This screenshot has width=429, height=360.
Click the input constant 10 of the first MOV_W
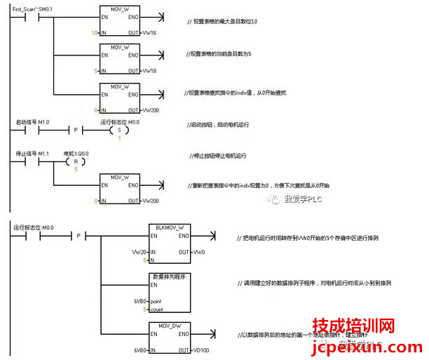(95, 33)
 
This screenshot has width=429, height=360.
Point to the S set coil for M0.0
(118, 131)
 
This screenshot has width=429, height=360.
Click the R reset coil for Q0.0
(69, 161)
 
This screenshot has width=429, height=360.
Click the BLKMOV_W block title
(169, 228)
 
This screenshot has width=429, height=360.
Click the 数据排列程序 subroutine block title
(169, 276)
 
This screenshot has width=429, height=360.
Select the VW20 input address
(139, 251)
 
